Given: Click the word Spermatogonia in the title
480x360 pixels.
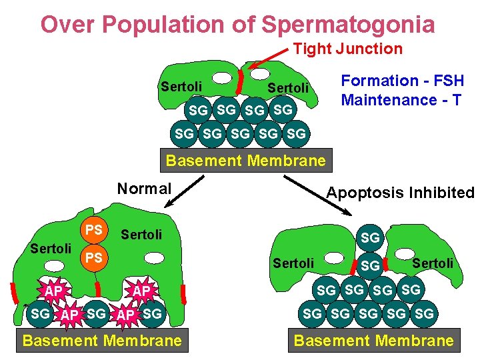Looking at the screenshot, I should click(x=348, y=25).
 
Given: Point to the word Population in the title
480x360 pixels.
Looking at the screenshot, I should click(x=176, y=25).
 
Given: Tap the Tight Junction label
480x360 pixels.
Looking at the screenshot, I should click(x=348, y=49).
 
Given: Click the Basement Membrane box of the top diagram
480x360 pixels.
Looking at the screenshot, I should click(x=245, y=161).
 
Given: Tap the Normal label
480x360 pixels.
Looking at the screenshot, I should click(x=145, y=189).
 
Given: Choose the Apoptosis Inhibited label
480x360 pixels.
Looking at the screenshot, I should click(x=400, y=193).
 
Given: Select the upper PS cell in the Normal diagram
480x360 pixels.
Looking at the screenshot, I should click(x=94, y=230).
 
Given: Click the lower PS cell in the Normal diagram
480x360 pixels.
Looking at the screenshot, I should click(x=94, y=257).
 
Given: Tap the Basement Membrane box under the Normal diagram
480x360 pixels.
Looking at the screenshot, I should click(x=102, y=341).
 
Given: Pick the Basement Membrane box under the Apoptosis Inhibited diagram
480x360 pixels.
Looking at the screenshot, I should click(x=373, y=341).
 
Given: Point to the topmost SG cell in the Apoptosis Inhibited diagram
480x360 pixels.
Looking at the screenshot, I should click(x=369, y=237).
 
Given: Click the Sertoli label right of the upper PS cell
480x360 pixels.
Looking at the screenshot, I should click(x=141, y=234).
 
